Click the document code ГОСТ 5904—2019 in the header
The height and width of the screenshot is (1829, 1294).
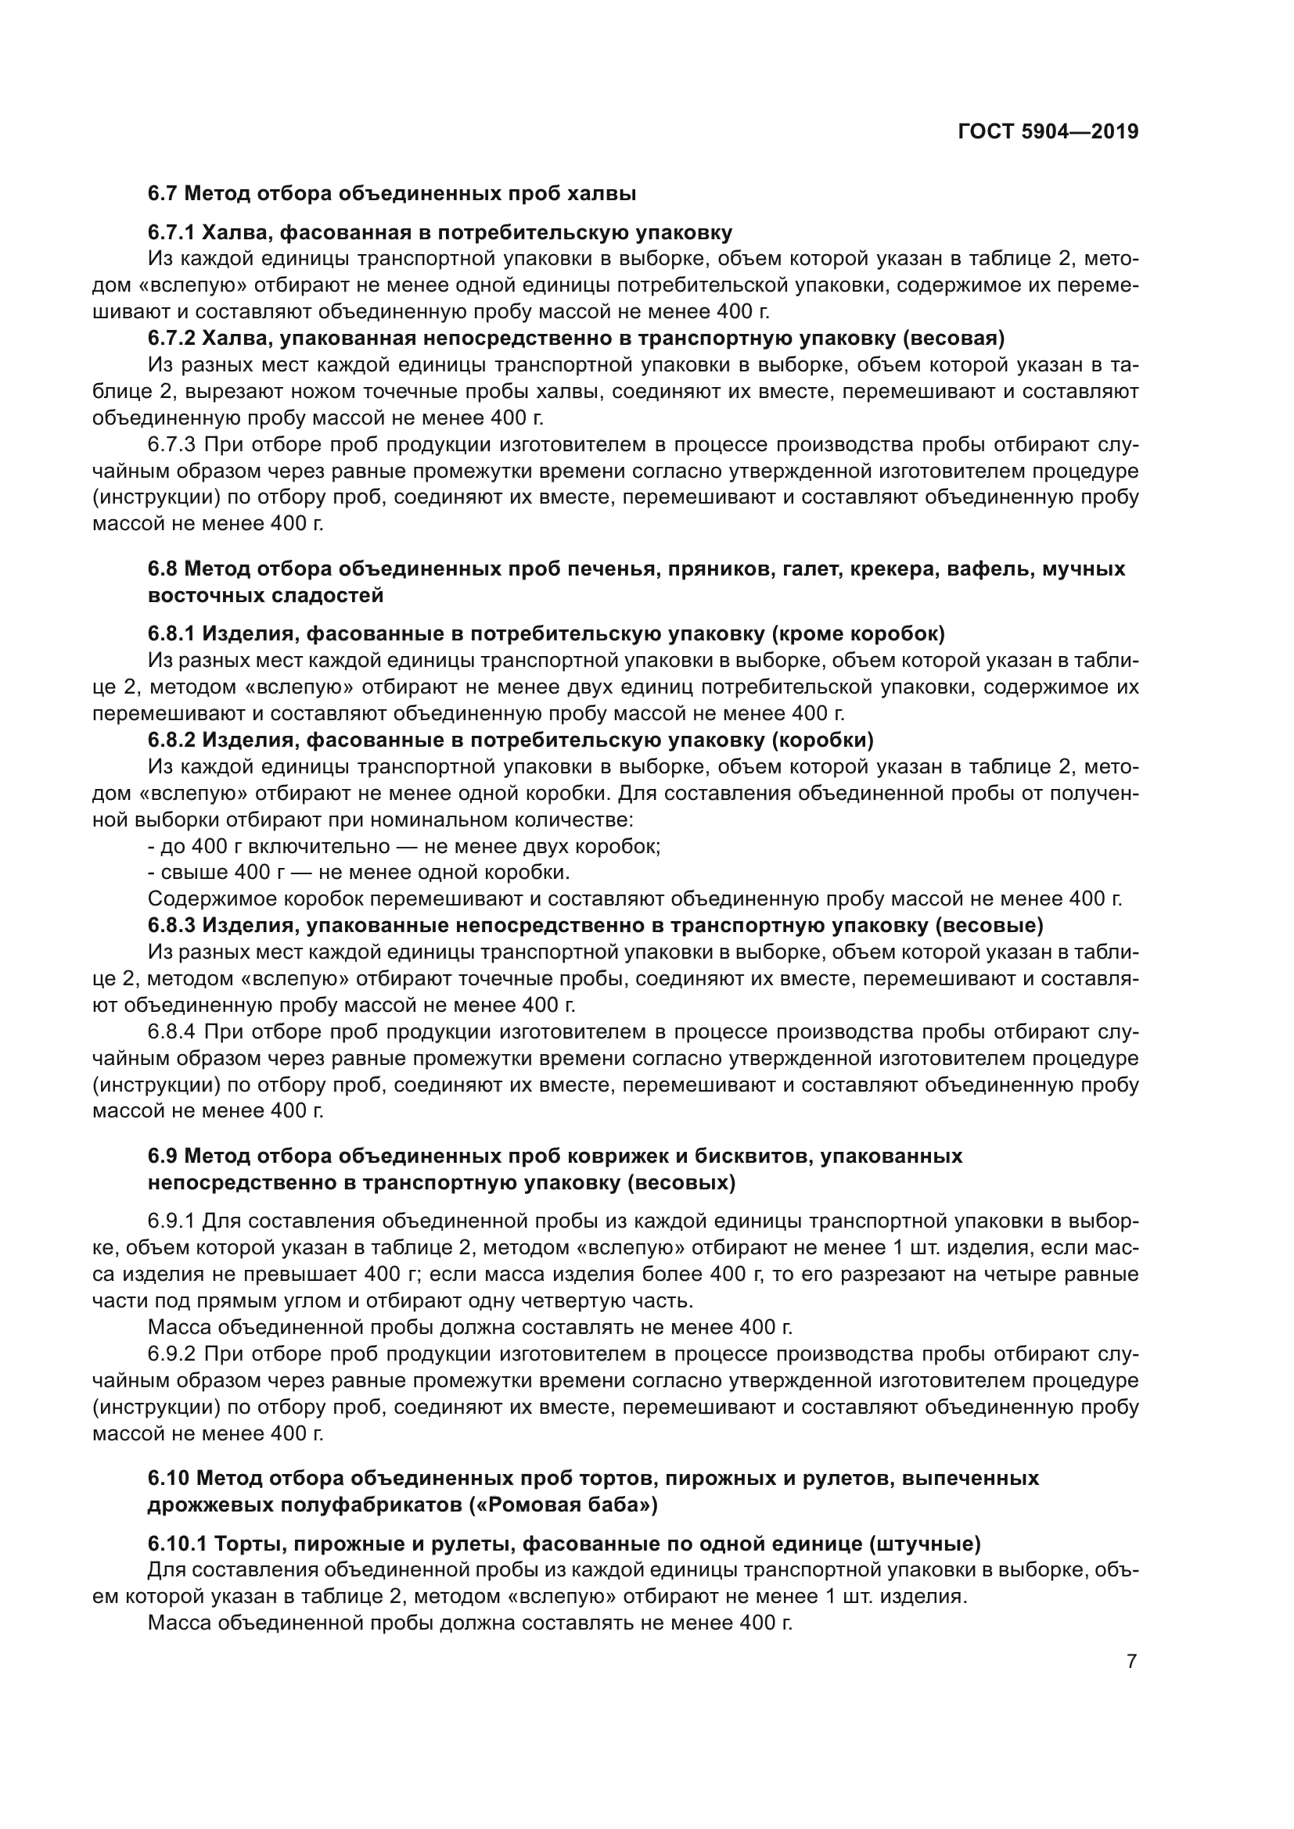tap(1048, 132)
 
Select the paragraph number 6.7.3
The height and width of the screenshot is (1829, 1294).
tap(174, 444)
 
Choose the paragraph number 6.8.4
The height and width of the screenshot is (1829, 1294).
tap(174, 1032)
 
